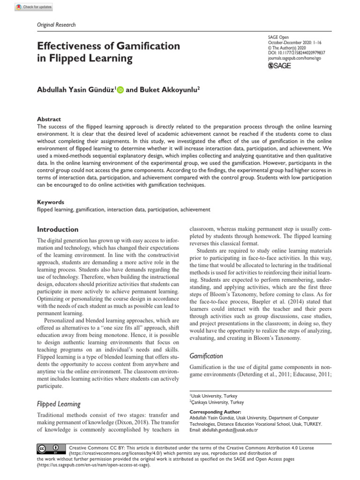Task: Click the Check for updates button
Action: pyautogui.click(x=35, y=7)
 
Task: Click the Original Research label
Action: pyautogui.click(x=56, y=25)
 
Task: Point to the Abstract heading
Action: pyautogui.click(x=49, y=120)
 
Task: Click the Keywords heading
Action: pyautogui.click(x=51, y=202)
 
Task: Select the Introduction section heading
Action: pyautogui.click(x=58, y=230)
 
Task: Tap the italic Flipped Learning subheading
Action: pyautogui.click(x=59, y=404)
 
